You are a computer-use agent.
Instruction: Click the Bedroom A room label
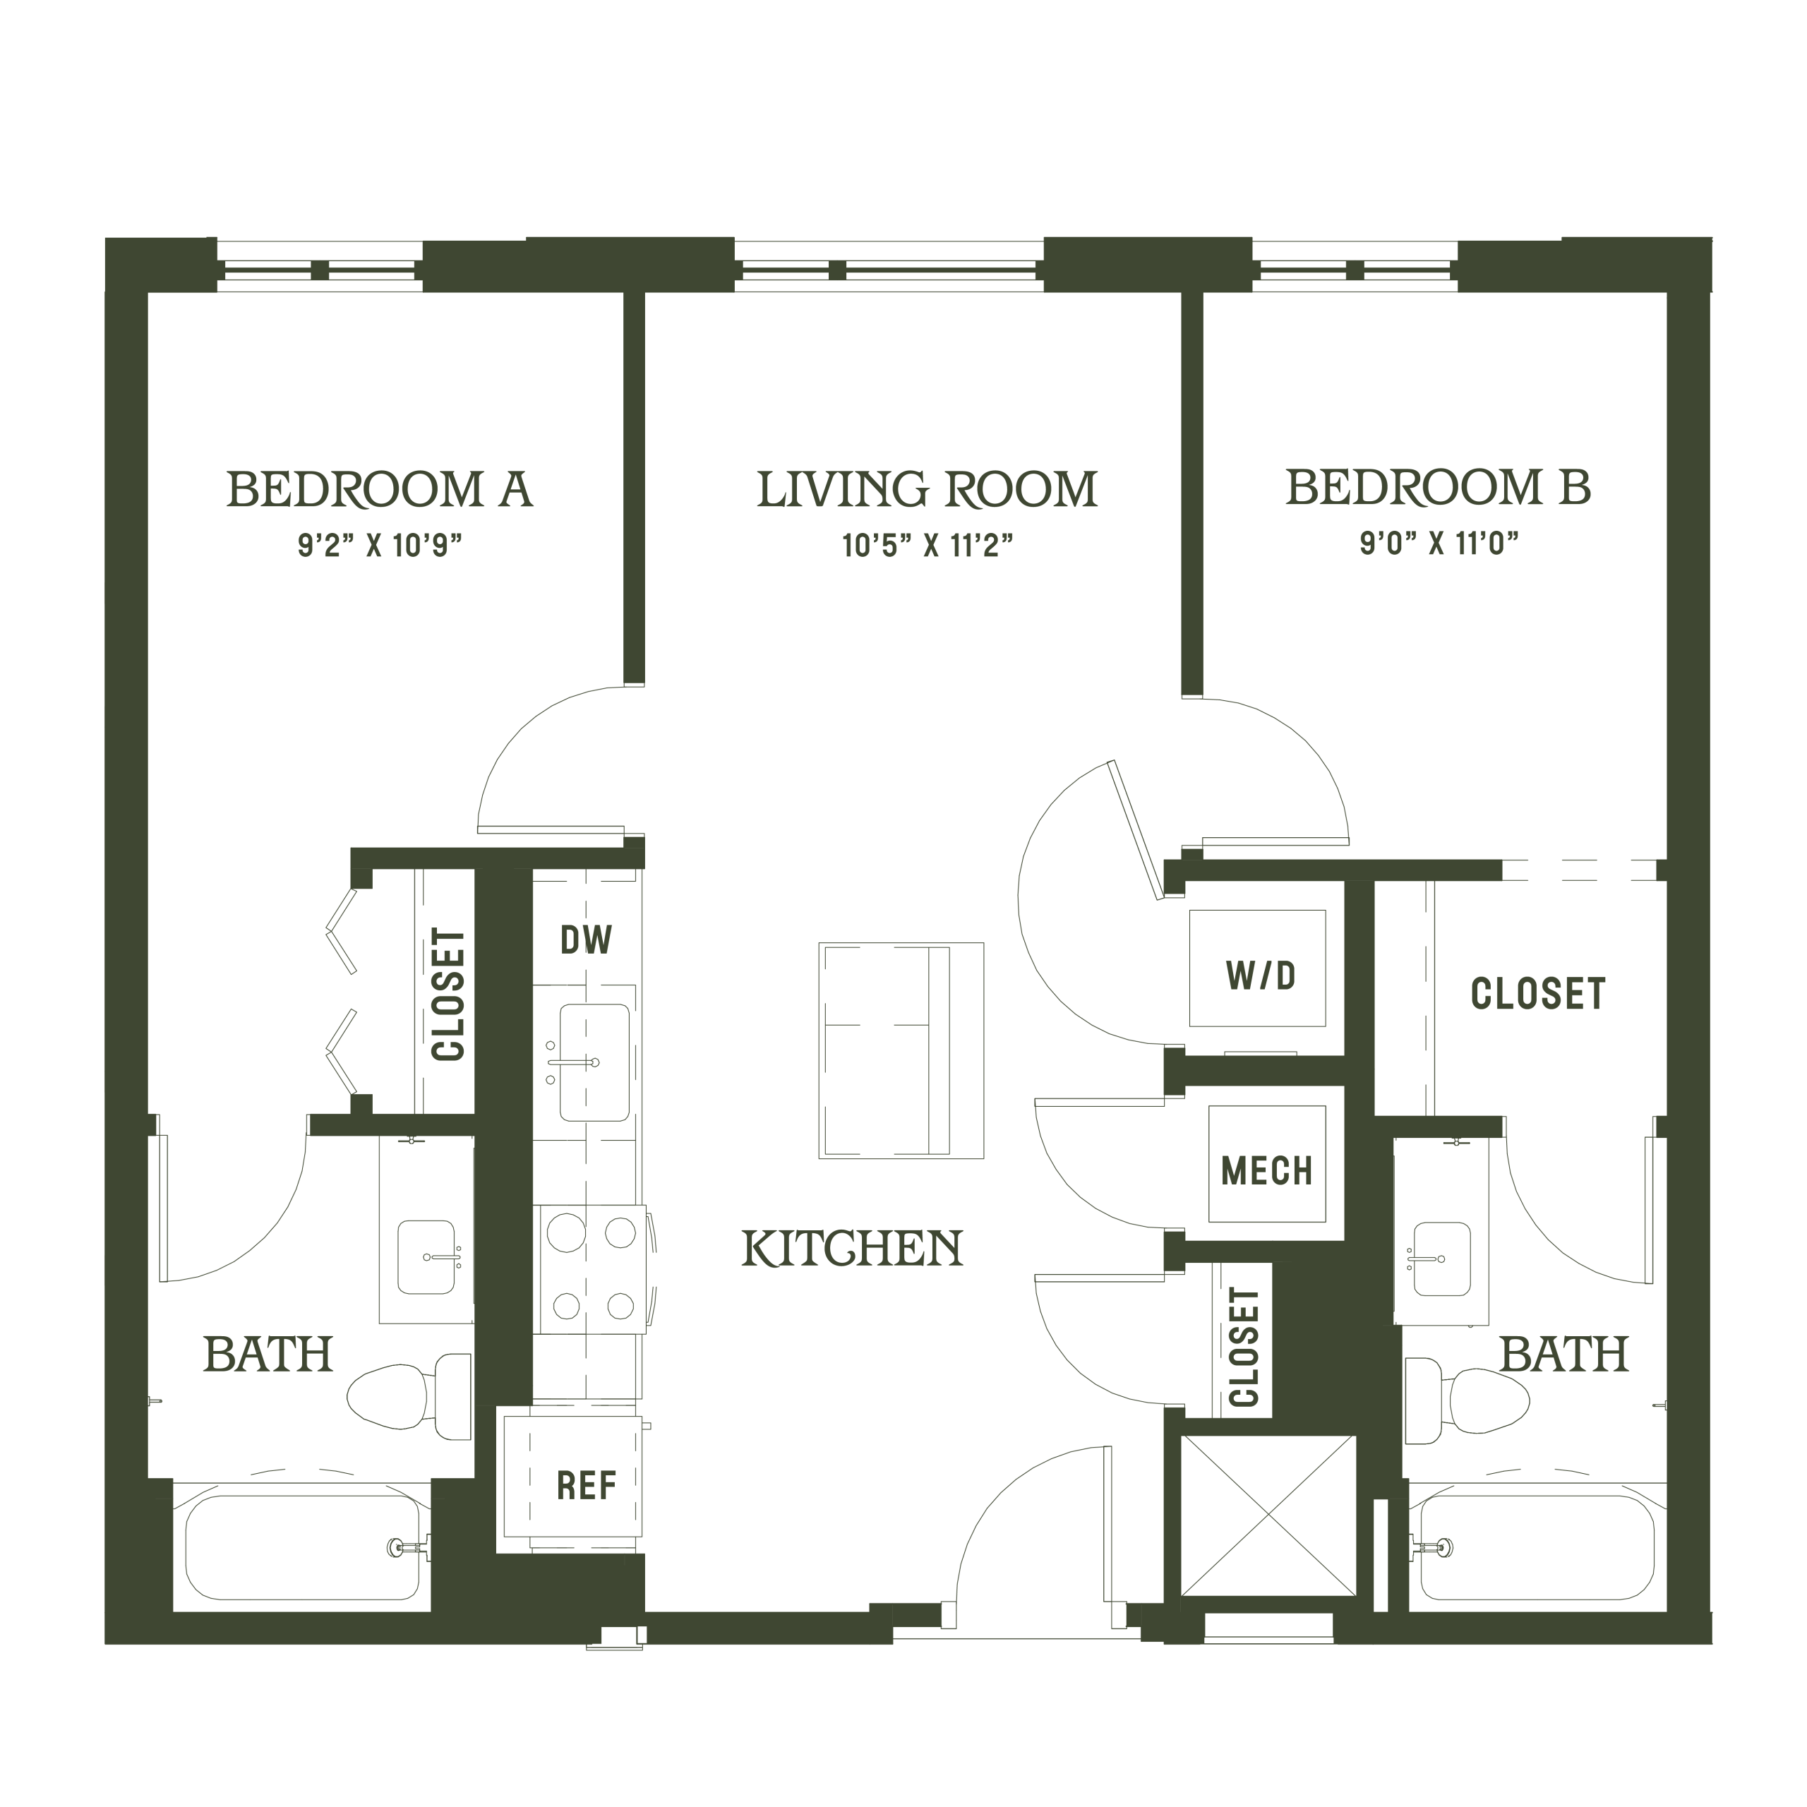380,489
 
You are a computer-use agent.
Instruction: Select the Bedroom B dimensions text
1439,543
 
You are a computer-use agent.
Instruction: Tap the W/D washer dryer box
1258,968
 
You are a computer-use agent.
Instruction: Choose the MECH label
1266,1170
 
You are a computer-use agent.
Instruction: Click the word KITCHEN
852,1248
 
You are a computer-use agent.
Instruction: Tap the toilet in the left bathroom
409,1398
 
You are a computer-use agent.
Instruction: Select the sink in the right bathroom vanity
1441,1258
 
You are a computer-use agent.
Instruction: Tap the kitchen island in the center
901,1050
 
